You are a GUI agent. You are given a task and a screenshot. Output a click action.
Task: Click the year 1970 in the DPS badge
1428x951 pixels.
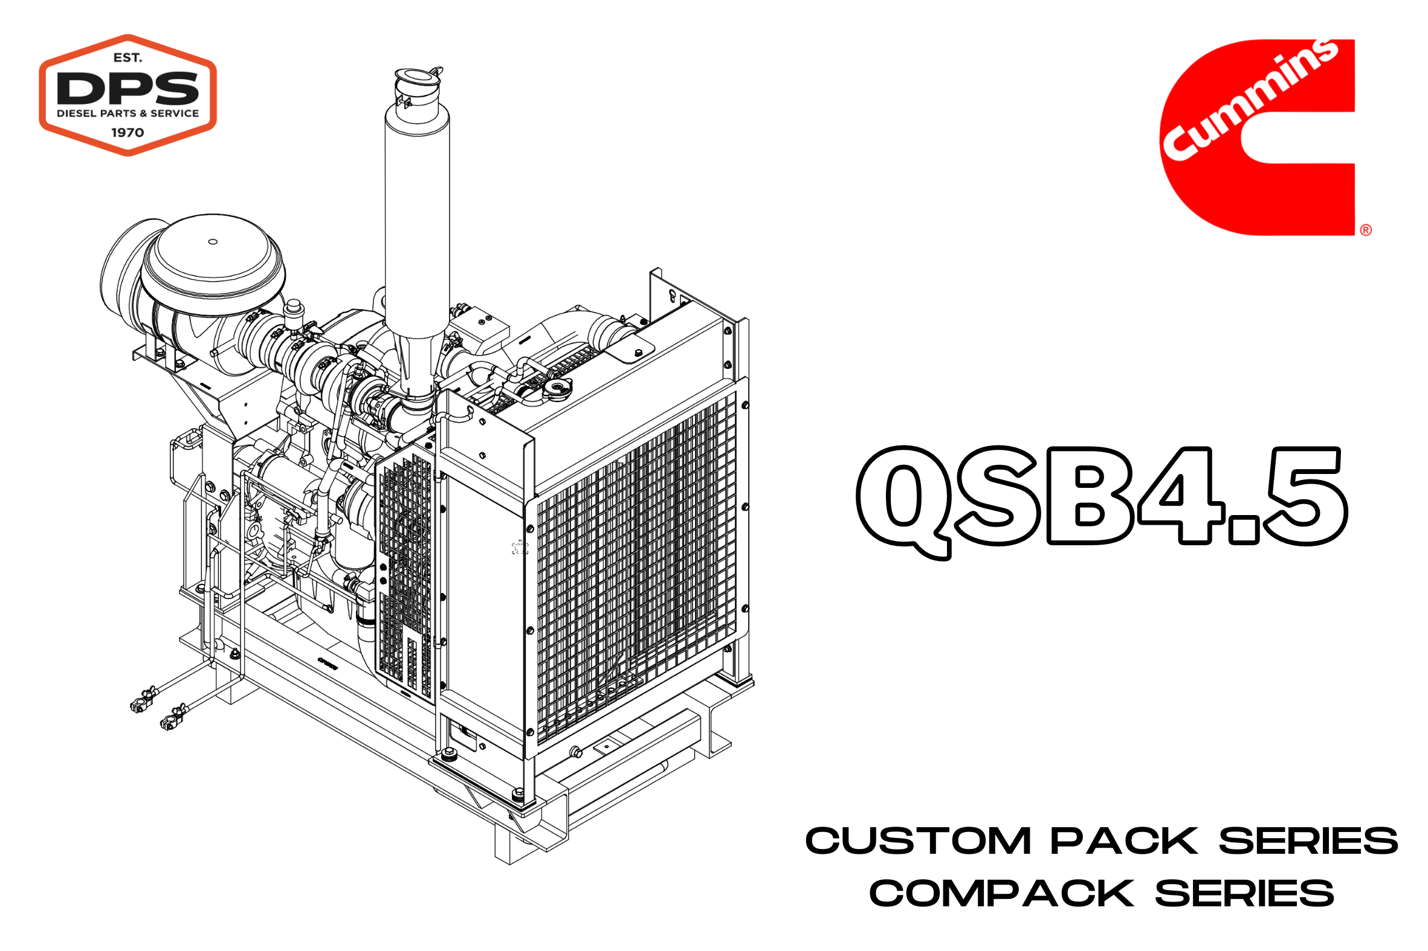click(x=128, y=132)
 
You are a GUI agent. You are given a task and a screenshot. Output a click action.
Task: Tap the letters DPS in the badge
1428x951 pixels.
click(x=128, y=88)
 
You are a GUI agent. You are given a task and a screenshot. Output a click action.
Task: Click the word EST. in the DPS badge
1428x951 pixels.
click(x=128, y=57)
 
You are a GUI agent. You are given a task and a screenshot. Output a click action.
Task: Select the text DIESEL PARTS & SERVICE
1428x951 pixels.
click(x=128, y=114)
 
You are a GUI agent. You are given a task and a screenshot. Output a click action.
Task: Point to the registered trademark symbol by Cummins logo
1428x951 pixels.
click(x=1366, y=230)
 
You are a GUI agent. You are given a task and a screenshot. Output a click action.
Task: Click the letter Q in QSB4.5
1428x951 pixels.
click(x=903, y=501)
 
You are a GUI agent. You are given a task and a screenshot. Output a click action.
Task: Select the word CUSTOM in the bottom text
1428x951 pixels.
click(x=917, y=841)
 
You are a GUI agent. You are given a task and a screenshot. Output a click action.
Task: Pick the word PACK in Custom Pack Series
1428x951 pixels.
click(x=1124, y=841)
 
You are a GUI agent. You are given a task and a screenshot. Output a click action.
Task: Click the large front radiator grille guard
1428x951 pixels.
click(x=634, y=564)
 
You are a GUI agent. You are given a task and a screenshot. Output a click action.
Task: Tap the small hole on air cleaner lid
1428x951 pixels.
click(x=212, y=242)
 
